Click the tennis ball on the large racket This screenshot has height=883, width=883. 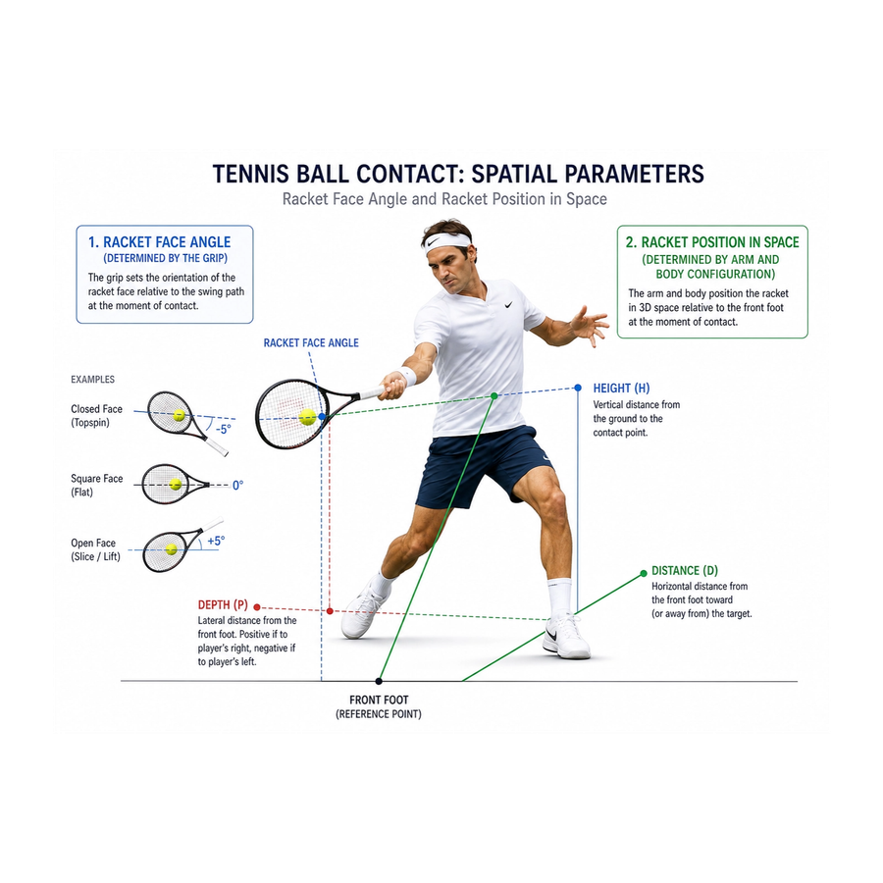click(x=307, y=417)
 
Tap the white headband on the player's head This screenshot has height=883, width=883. click(x=447, y=241)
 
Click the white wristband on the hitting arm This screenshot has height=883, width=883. click(x=408, y=376)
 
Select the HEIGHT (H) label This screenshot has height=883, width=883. click(x=621, y=388)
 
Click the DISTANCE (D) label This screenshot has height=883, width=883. click(x=685, y=570)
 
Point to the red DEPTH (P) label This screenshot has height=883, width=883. click(x=223, y=604)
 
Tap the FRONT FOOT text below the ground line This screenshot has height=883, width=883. click(x=379, y=700)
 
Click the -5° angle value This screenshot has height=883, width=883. click(x=223, y=429)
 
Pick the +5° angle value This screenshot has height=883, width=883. click(x=216, y=541)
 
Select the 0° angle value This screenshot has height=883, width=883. click(x=237, y=485)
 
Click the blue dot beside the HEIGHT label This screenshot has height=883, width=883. click(x=578, y=388)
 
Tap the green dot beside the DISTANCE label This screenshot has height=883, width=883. click(x=644, y=573)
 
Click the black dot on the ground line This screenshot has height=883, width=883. click(x=379, y=682)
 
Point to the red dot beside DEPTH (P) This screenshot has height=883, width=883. click(x=257, y=607)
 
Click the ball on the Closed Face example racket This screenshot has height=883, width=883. click(x=180, y=416)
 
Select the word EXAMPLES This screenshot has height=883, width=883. click(x=92, y=380)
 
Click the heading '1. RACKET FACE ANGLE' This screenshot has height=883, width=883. click(x=159, y=242)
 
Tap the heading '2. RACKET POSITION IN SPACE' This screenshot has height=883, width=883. click(x=712, y=242)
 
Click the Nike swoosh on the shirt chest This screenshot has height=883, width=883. click(x=508, y=305)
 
